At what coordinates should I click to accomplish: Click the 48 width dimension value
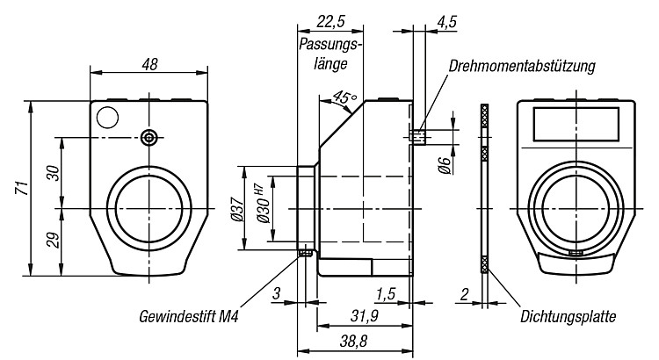tap(149, 65)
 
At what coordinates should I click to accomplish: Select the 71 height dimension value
tap(22, 187)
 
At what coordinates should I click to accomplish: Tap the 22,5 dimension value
tap(330, 21)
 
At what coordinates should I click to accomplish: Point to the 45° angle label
tap(344, 97)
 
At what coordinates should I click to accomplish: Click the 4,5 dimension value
tap(446, 22)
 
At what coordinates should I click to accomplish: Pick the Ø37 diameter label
tap(237, 209)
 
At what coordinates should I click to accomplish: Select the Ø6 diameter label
tap(445, 164)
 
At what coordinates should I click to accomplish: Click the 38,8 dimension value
tap(353, 342)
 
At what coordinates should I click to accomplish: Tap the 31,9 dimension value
tap(365, 316)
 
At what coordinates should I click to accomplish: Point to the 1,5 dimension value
tap(386, 294)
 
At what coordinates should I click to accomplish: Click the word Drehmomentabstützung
tap(522, 67)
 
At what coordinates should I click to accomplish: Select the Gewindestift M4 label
tap(189, 316)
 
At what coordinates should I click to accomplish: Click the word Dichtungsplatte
tap(568, 316)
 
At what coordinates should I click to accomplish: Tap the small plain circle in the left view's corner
tap(107, 117)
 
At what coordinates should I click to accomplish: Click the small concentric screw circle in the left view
tap(148, 137)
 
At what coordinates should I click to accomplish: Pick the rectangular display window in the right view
tap(576, 124)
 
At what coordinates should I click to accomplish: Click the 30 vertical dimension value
tap(54, 173)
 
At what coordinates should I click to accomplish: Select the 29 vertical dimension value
tap(54, 241)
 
